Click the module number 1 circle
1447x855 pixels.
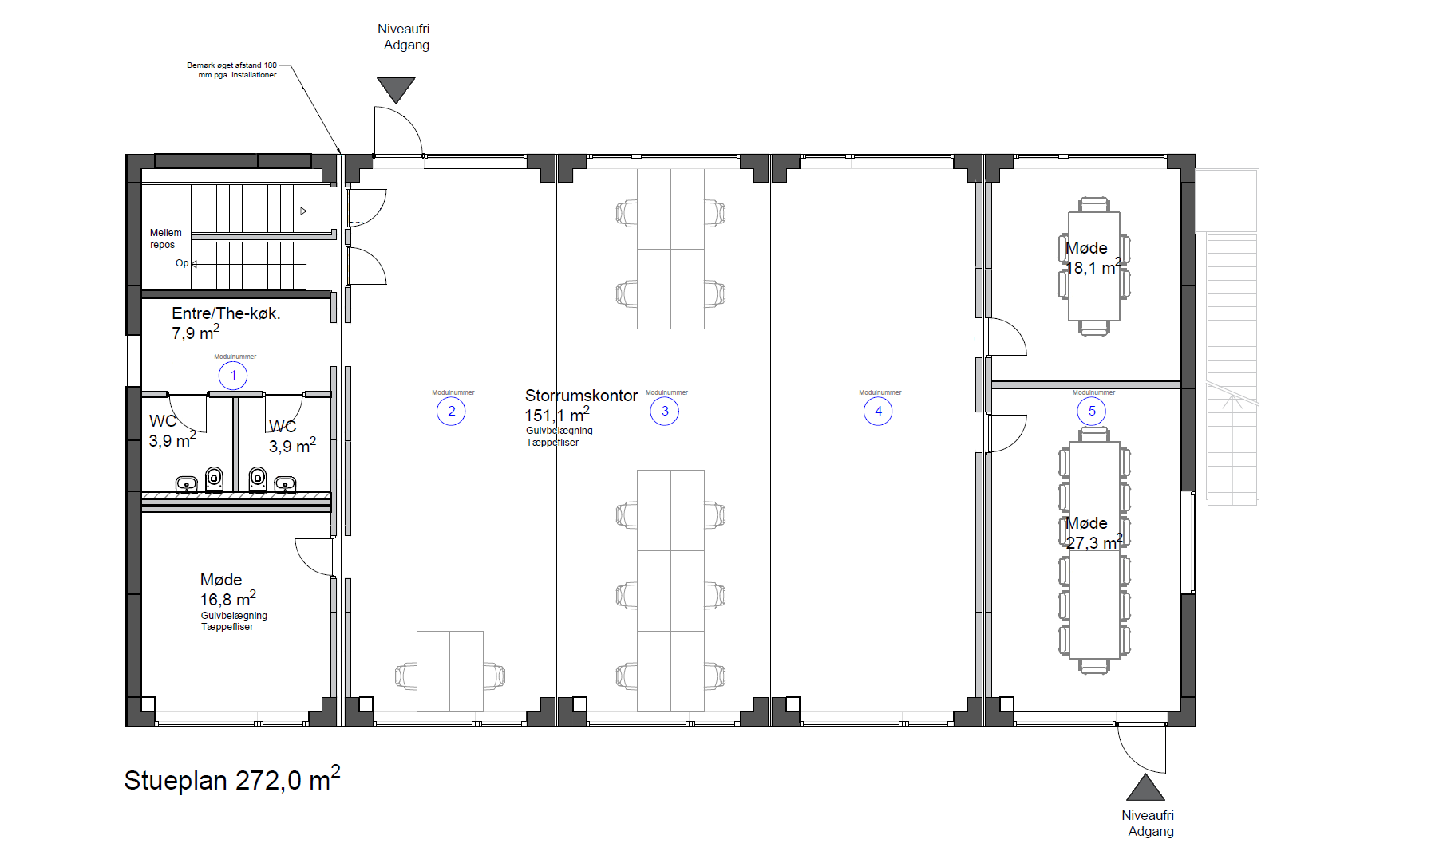[x=233, y=376]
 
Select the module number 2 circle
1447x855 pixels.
[x=451, y=412]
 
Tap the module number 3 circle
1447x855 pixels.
[x=664, y=412]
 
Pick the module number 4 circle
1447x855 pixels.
[x=878, y=412]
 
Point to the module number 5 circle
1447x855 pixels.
[x=1092, y=412]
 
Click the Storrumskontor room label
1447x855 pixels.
[x=581, y=396]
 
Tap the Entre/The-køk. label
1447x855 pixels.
[x=226, y=313]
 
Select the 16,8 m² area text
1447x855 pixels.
[x=227, y=599]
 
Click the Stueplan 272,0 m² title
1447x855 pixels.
[x=232, y=779]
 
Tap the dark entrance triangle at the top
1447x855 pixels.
[x=396, y=89]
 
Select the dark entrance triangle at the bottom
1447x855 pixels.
[x=1145, y=788]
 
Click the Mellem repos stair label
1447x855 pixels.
[x=165, y=238]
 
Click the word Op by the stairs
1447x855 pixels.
[x=182, y=263]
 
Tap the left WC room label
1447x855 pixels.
[x=163, y=421]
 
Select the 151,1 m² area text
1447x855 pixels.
[x=557, y=415]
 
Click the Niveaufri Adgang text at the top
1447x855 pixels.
[x=405, y=37]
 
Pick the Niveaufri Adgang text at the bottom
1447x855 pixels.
[x=1149, y=823]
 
